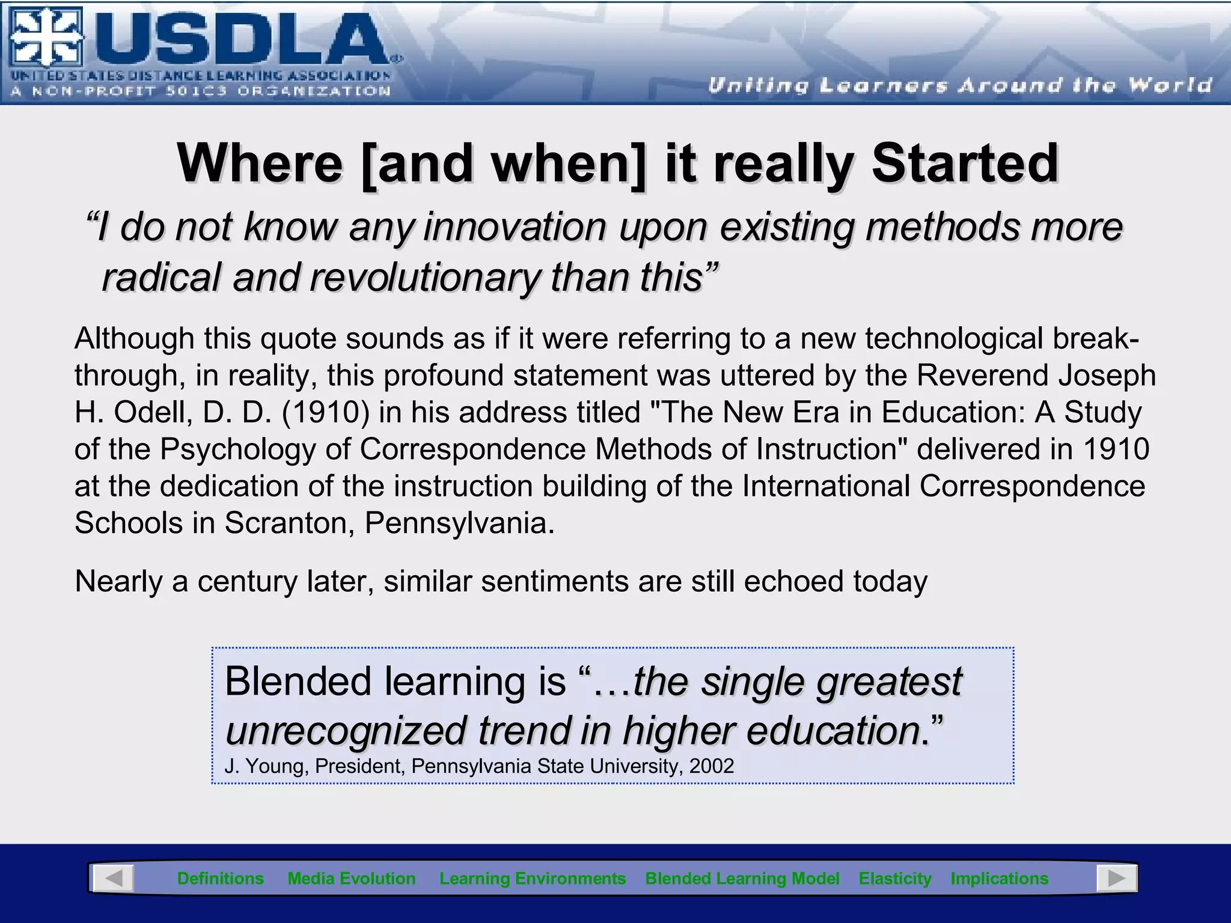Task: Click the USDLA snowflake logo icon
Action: [x=46, y=37]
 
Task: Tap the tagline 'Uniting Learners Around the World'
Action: [x=959, y=85]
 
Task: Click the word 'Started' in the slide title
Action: [x=965, y=163]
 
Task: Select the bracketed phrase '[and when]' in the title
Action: [x=504, y=163]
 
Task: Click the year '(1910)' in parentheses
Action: [x=325, y=413]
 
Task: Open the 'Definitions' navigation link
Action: [x=221, y=879]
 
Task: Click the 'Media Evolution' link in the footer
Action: [x=352, y=879]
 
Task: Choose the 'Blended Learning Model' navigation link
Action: [x=742, y=879]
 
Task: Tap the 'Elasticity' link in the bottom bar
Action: [x=894, y=879]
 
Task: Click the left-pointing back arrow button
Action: [x=112, y=879]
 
